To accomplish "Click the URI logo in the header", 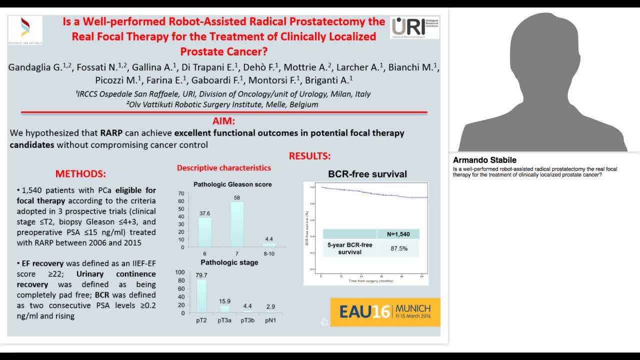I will tap(414, 27).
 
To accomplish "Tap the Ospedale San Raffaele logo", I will tap(25, 30).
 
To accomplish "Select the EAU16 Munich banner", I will tap(385, 312).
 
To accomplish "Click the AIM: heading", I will tap(223, 121).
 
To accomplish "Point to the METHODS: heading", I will tap(80, 174).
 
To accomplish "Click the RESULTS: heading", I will tap(309, 156).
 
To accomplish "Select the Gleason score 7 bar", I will tap(237, 224).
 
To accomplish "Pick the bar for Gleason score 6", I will tap(205, 232).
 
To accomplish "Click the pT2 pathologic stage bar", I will tap(201, 296).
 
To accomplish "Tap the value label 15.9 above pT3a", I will tap(225, 301).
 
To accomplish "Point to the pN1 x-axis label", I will tap(270, 320).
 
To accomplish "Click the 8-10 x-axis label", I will tap(269, 253).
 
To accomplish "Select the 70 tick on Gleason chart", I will tap(181, 193).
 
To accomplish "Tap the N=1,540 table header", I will tap(398, 234).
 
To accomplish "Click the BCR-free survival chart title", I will tap(367, 174).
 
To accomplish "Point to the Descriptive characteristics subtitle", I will tap(223, 168).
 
